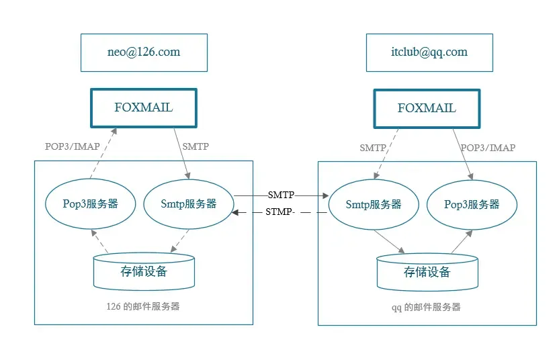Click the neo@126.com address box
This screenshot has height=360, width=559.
tap(143, 52)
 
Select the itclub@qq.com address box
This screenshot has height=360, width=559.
tap(429, 52)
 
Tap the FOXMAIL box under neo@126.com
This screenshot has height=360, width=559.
tap(143, 107)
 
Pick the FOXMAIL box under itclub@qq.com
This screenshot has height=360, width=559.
tap(427, 108)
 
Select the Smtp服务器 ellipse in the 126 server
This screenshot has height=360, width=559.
tap(189, 204)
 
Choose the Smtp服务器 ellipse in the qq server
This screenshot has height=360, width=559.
tap(373, 204)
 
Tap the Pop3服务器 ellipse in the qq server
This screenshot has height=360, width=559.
tap(472, 204)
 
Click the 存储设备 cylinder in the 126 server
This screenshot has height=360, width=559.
tap(144, 271)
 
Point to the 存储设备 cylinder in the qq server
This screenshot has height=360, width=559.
tap(427, 272)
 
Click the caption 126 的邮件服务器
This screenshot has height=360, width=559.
tap(143, 306)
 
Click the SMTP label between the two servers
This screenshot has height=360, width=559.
tap(281, 195)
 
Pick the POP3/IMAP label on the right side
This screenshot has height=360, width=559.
tap(488, 147)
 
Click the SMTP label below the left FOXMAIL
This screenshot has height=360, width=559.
tap(196, 146)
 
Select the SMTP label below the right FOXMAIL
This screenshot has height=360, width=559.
tap(373, 147)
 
